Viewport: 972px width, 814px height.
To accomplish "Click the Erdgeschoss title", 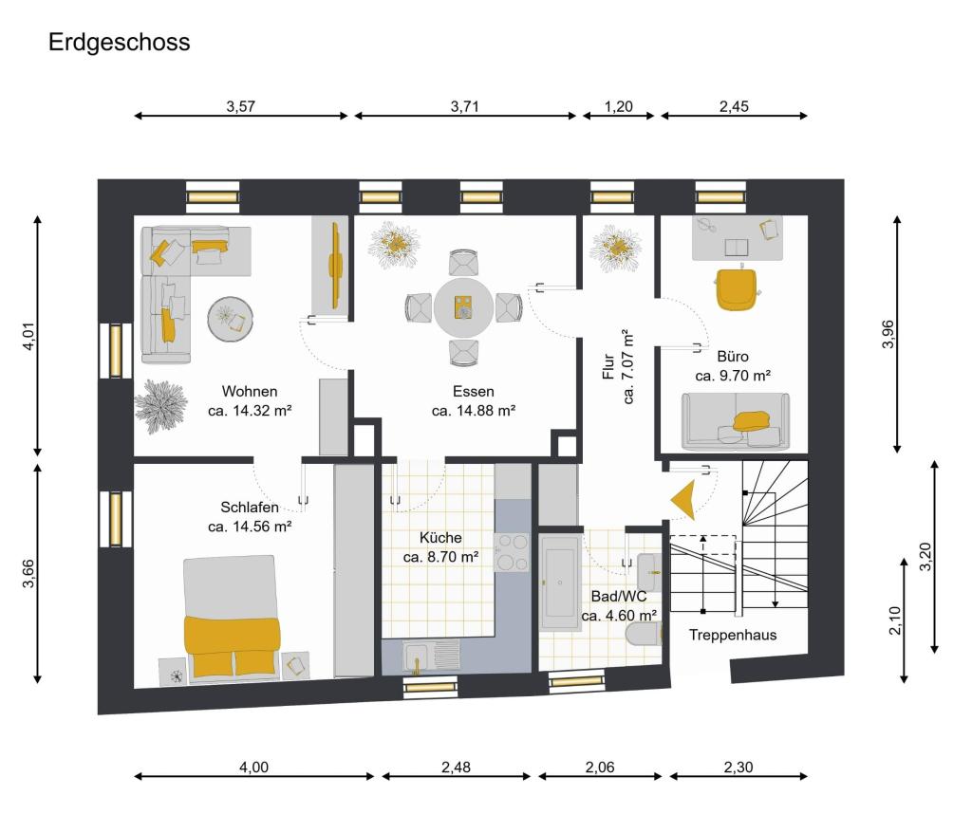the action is (x=119, y=42).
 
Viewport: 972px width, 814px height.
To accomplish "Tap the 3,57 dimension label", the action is (x=240, y=106).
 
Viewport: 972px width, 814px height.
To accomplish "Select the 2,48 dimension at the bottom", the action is (x=457, y=767).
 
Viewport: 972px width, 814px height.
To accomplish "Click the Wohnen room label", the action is (x=250, y=392).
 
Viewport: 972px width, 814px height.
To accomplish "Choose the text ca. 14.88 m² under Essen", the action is (x=475, y=410).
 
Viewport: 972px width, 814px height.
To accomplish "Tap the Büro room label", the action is (x=733, y=356).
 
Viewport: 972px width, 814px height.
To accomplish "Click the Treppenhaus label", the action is (x=733, y=635).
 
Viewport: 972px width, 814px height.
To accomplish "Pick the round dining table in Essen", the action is (x=463, y=307).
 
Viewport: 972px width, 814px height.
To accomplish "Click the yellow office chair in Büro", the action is (x=737, y=287).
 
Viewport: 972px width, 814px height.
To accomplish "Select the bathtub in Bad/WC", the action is (x=560, y=583).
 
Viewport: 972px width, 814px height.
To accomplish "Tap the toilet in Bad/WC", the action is (x=645, y=635).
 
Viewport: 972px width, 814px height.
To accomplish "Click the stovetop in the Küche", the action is (x=512, y=552).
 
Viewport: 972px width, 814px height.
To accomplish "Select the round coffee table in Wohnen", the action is (x=230, y=320).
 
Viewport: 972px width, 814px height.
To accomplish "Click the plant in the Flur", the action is (x=615, y=249).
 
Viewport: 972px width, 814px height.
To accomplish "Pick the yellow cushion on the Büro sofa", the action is (x=752, y=421).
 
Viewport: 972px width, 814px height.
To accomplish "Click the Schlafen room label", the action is (x=250, y=508).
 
